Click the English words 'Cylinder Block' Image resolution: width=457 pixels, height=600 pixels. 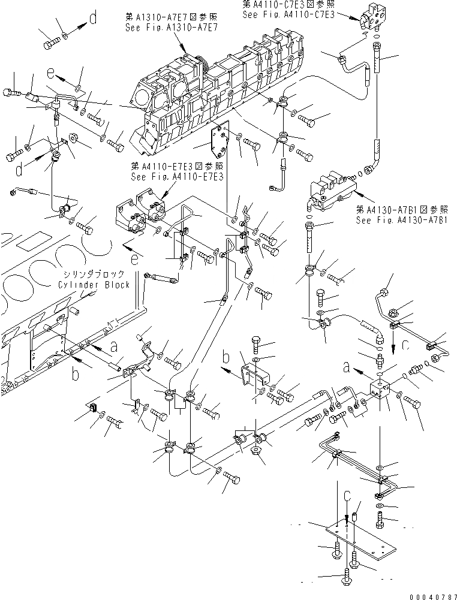[x=94, y=285]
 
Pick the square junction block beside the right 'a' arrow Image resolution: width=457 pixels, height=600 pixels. [x=380, y=390]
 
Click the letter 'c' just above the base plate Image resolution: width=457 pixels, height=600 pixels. [x=347, y=497]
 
